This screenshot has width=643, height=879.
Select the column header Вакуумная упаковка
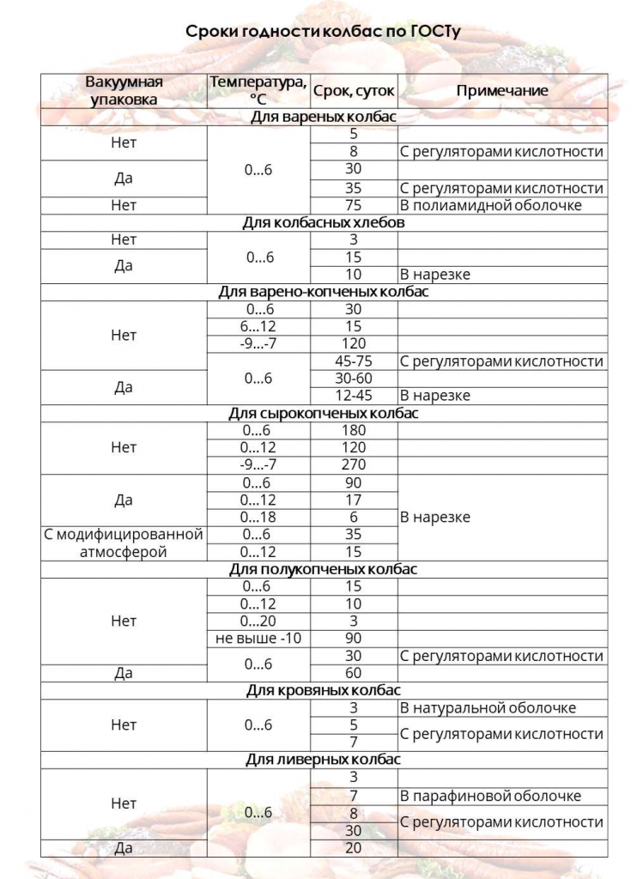pos(124,90)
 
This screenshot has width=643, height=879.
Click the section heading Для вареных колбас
pos(323,117)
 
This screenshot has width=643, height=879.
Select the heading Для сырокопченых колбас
pos(323,413)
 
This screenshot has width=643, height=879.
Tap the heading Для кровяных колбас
pos(323,690)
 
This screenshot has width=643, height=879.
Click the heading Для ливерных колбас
pos(323,760)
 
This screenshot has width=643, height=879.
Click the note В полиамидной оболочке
pos(490,205)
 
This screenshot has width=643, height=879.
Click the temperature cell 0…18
pos(258,518)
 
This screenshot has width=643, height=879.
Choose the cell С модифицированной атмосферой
pos(124,543)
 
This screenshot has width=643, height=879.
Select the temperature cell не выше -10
pos(258,639)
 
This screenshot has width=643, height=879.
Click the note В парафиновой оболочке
pos(490,796)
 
